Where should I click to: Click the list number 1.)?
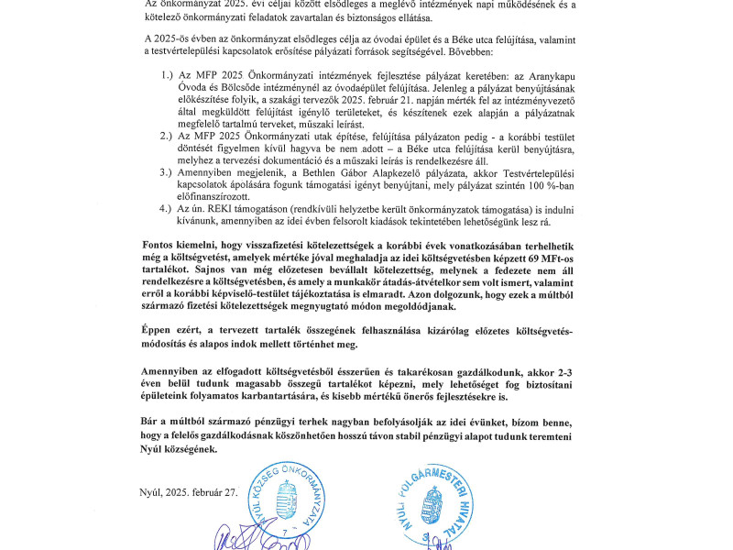click(x=165, y=74)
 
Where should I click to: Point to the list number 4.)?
click(x=165, y=207)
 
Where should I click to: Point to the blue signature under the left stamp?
click(x=247, y=537)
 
